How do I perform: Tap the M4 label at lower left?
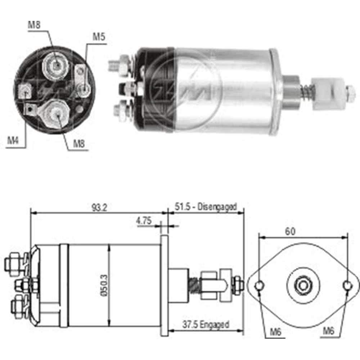pos(13,140)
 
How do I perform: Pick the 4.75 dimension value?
pos(144,220)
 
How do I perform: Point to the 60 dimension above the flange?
pos(290,231)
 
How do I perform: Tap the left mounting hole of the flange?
pos(259,286)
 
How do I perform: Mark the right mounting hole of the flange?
pos(347,286)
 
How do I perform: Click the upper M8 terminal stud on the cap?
pos(56,65)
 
